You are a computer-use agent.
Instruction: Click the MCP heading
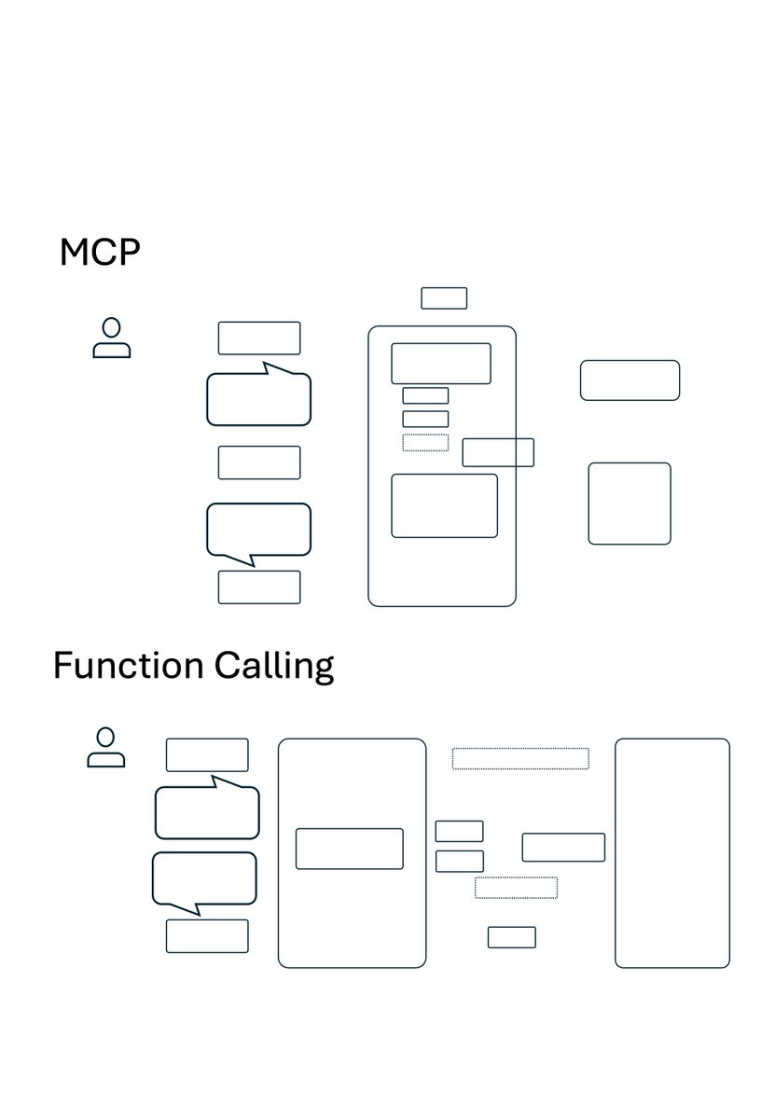(100, 252)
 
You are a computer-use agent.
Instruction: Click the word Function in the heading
(128, 666)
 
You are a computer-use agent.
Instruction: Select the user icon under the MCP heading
(112, 338)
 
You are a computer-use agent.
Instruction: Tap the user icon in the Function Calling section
(106, 748)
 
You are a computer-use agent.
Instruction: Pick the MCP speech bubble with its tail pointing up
(258, 399)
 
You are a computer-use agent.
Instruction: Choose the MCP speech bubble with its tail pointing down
(258, 530)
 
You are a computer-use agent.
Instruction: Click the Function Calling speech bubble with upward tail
(207, 812)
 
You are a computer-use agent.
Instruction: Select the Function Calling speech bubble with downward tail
(204, 878)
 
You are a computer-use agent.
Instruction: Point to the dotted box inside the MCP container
(425, 442)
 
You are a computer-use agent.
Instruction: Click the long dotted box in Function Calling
(520, 758)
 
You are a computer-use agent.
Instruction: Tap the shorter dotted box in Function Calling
(516, 887)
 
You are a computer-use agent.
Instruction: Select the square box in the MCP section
(630, 504)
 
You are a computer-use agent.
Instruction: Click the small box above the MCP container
(444, 298)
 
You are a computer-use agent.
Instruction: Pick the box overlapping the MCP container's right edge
(498, 452)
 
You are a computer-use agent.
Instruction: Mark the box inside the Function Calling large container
(350, 849)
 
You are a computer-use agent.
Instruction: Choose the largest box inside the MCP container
(444, 505)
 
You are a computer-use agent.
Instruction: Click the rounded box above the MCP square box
(630, 380)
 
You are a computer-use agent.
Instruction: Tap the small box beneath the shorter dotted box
(511, 937)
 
